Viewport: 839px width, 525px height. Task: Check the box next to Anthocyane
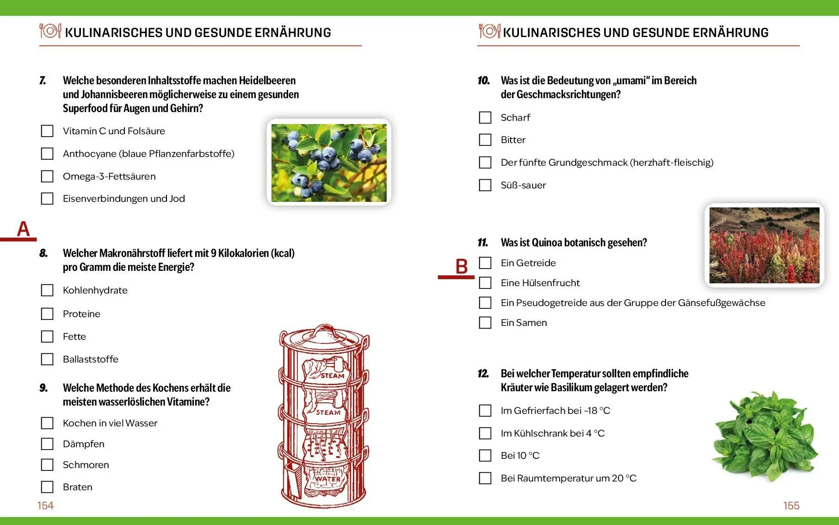(47, 153)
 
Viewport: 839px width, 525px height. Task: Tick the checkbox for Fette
(47, 336)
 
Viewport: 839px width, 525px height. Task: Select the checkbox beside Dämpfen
(47, 444)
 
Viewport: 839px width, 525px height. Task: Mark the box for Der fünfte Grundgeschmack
(485, 162)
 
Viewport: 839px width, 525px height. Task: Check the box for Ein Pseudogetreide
(485, 302)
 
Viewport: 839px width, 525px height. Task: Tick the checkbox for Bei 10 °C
(485, 455)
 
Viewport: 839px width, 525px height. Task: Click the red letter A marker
(23, 229)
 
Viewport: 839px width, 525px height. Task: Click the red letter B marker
(461, 267)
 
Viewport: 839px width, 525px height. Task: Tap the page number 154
(45, 506)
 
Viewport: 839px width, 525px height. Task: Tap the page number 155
(791, 506)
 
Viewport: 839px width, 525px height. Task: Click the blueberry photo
(329, 162)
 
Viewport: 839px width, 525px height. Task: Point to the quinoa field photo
(764, 245)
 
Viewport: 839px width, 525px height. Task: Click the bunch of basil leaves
(764, 435)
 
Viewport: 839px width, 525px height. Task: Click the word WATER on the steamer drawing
(328, 479)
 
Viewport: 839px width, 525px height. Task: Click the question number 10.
(483, 81)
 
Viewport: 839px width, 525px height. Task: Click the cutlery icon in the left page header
(50, 31)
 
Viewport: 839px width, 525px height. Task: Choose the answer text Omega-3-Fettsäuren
(109, 176)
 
